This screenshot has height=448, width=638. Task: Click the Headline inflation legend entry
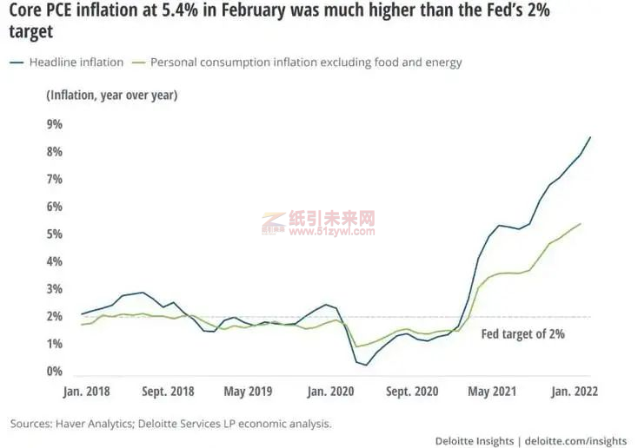pyautogui.click(x=69, y=63)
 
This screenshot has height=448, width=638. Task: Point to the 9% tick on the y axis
pyautogui.click(x=55, y=124)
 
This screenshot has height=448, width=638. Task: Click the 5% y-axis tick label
pyautogui.click(x=55, y=234)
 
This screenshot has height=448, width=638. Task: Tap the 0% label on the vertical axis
pyautogui.click(x=55, y=372)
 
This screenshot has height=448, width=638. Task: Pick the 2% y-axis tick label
pyautogui.click(x=55, y=317)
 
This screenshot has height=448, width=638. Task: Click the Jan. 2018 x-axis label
pyautogui.click(x=87, y=392)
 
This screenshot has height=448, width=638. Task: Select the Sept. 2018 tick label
pyautogui.click(x=167, y=392)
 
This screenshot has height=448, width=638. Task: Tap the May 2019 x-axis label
pyautogui.click(x=248, y=392)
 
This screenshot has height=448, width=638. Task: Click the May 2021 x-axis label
pyautogui.click(x=491, y=392)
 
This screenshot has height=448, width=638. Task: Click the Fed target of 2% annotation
pyautogui.click(x=522, y=333)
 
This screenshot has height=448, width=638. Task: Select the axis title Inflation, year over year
pyautogui.click(x=111, y=95)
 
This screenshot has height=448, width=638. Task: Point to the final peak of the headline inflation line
pyautogui.click(x=591, y=137)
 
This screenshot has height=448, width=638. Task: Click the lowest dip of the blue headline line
pyautogui.click(x=366, y=365)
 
